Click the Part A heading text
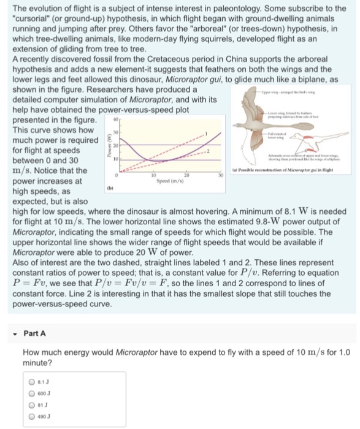tap(35, 333)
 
